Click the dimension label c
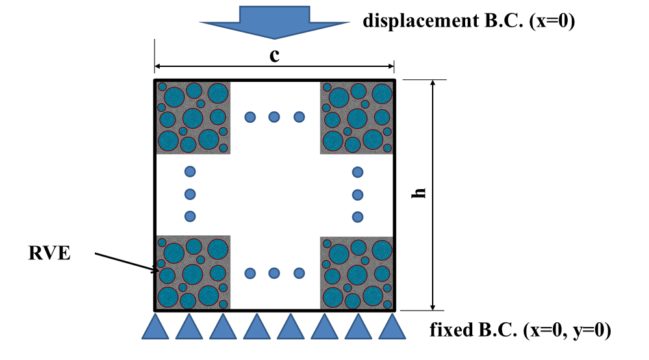pos(275,55)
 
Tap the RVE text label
pos(49,253)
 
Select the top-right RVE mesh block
pos(357,117)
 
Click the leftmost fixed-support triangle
pos(155,327)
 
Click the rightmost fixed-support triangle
pos(391,327)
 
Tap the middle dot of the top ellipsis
pos(274,117)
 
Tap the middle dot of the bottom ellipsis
pos(274,273)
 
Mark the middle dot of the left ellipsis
pos(190,194)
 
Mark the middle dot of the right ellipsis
pos(357,194)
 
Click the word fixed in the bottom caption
pos(448,331)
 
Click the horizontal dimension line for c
pos(214,66)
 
